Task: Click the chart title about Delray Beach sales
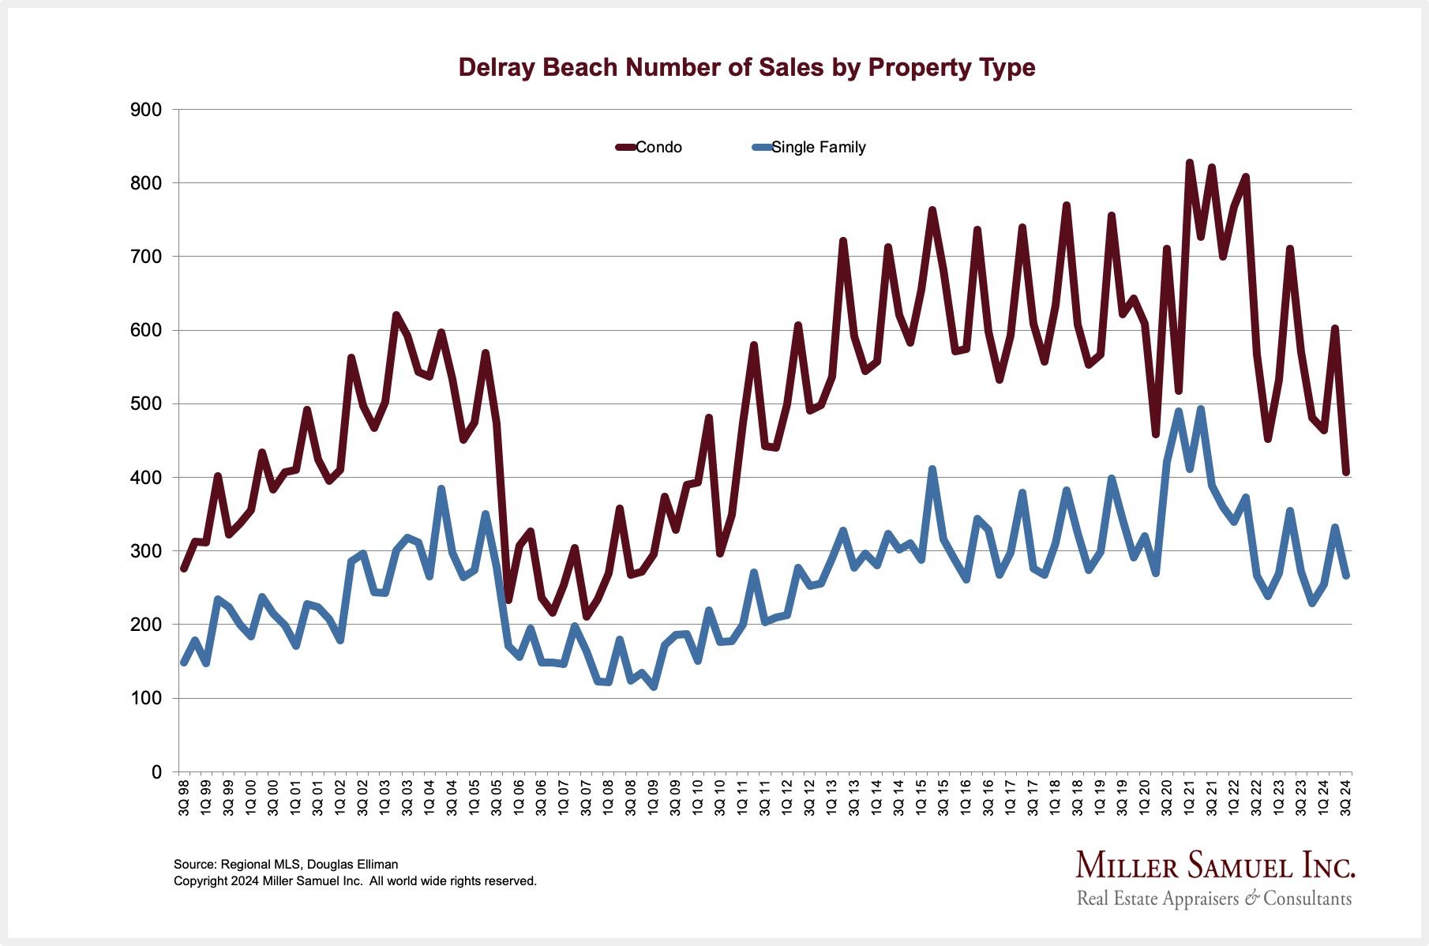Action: (x=746, y=68)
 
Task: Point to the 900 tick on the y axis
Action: (x=145, y=110)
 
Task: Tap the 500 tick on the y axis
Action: (x=145, y=404)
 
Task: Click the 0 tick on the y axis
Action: (x=156, y=772)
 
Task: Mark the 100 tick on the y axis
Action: (x=145, y=698)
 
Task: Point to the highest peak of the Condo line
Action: (x=1189, y=163)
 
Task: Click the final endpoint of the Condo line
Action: (x=1346, y=472)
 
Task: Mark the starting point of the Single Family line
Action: (x=184, y=663)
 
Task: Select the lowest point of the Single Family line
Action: (x=654, y=687)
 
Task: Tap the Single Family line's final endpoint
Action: (x=1346, y=576)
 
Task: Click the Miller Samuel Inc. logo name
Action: (x=1215, y=865)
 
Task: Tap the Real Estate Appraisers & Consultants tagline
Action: (x=1214, y=899)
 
